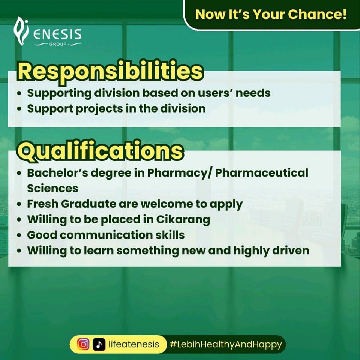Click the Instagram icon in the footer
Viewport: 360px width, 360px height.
pyautogui.click(x=83, y=344)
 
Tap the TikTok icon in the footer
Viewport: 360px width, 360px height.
pyautogui.click(x=99, y=344)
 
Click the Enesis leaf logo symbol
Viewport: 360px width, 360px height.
pyautogui.click(x=21, y=31)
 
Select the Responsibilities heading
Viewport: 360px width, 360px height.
pyautogui.click(x=110, y=71)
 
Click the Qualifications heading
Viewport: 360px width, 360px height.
pyautogui.click(x=100, y=151)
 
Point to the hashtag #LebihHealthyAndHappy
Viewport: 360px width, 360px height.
pyautogui.click(x=226, y=344)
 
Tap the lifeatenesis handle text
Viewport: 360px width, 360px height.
pyautogui.click(x=133, y=344)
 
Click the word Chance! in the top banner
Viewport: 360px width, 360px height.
pyautogui.click(x=317, y=14)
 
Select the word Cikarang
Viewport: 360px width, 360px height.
pyautogui.click(x=183, y=219)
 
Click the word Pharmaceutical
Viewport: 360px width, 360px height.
pyautogui.click(x=261, y=173)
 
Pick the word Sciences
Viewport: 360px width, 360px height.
pyautogui.click(x=52, y=189)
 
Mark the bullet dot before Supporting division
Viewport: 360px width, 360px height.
pyautogui.click(x=19, y=93)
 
